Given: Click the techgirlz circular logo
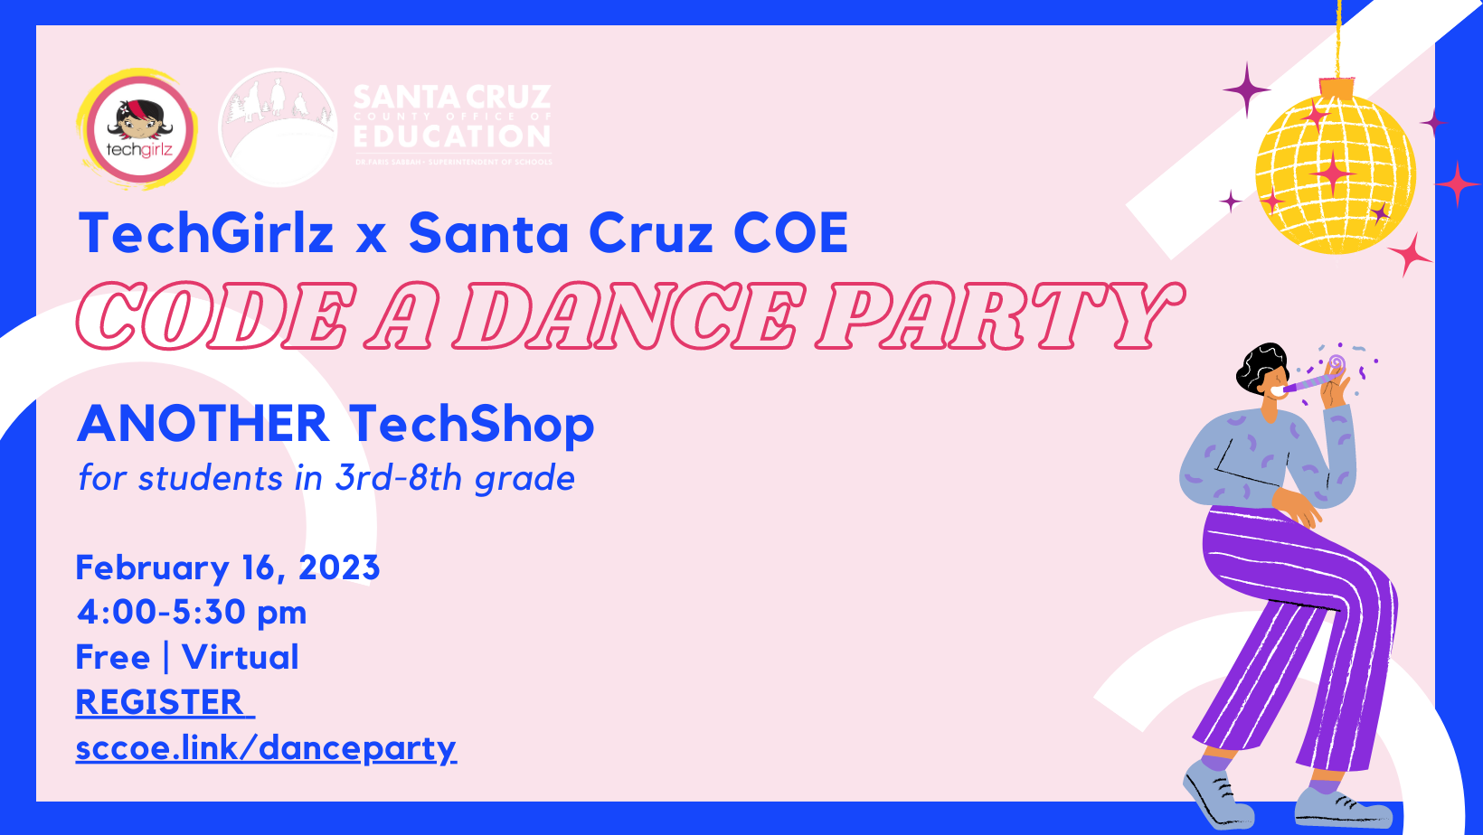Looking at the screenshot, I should pyautogui.click(x=138, y=129).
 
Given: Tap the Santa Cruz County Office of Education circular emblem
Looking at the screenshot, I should pyautogui.click(x=278, y=127).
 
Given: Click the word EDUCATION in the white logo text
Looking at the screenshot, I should pyautogui.click(x=452, y=137).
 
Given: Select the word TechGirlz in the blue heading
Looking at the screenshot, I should pyautogui.click(x=206, y=233).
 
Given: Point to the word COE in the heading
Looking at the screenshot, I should pyautogui.click(x=790, y=233).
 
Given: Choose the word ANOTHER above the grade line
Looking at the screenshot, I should pyautogui.click(x=203, y=424).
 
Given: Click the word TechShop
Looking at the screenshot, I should pyautogui.click(x=471, y=424).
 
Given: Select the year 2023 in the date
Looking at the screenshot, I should pyautogui.click(x=339, y=568).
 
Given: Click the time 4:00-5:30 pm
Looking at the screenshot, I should pyautogui.click(x=192, y=612).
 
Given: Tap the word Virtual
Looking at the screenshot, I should pyautogui.click(x=241, y=657).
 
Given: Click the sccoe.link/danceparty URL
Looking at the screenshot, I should pyautogui.click(x=266, y=748).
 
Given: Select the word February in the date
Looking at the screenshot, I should pyautogui.click(x=152, y=568).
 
